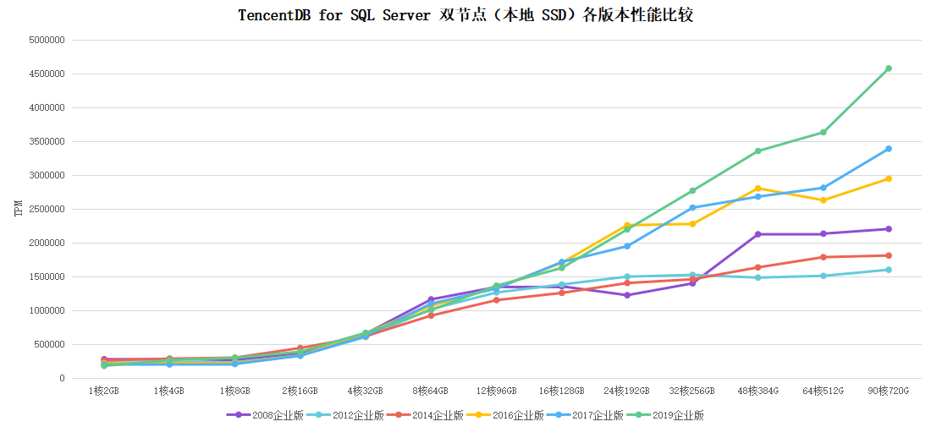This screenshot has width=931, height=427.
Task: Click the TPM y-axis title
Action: pos(18,209)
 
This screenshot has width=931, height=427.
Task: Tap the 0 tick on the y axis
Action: pos(62,378)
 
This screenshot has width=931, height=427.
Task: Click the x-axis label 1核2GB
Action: pos(104,391)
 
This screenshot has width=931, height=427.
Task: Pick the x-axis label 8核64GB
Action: pos(431,391)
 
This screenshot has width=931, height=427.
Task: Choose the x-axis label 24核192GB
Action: pos(627,391)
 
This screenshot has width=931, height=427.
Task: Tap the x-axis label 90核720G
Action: pos(888,391)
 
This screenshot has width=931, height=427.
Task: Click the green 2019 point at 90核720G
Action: pos(888,68)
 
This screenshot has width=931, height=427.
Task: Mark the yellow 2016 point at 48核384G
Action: pos(757,188)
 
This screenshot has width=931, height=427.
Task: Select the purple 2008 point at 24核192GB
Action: pos(627,295)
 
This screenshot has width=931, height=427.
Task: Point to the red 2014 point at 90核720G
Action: pos(888,255)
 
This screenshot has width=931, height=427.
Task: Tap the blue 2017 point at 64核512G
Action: pos(823,188)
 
